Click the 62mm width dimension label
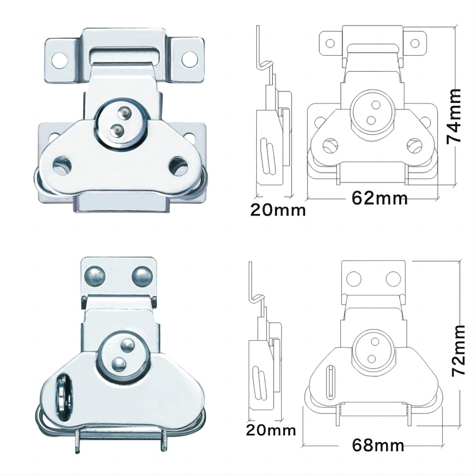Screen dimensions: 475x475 click(380, 198)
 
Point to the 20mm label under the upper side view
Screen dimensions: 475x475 click(278, 210)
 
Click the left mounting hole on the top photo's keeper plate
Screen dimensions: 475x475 click(60, 59)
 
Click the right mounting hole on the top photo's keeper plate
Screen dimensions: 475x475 click(190, 59)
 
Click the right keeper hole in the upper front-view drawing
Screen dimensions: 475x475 click(415, 44)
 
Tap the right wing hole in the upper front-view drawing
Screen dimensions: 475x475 click(414, 146)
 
